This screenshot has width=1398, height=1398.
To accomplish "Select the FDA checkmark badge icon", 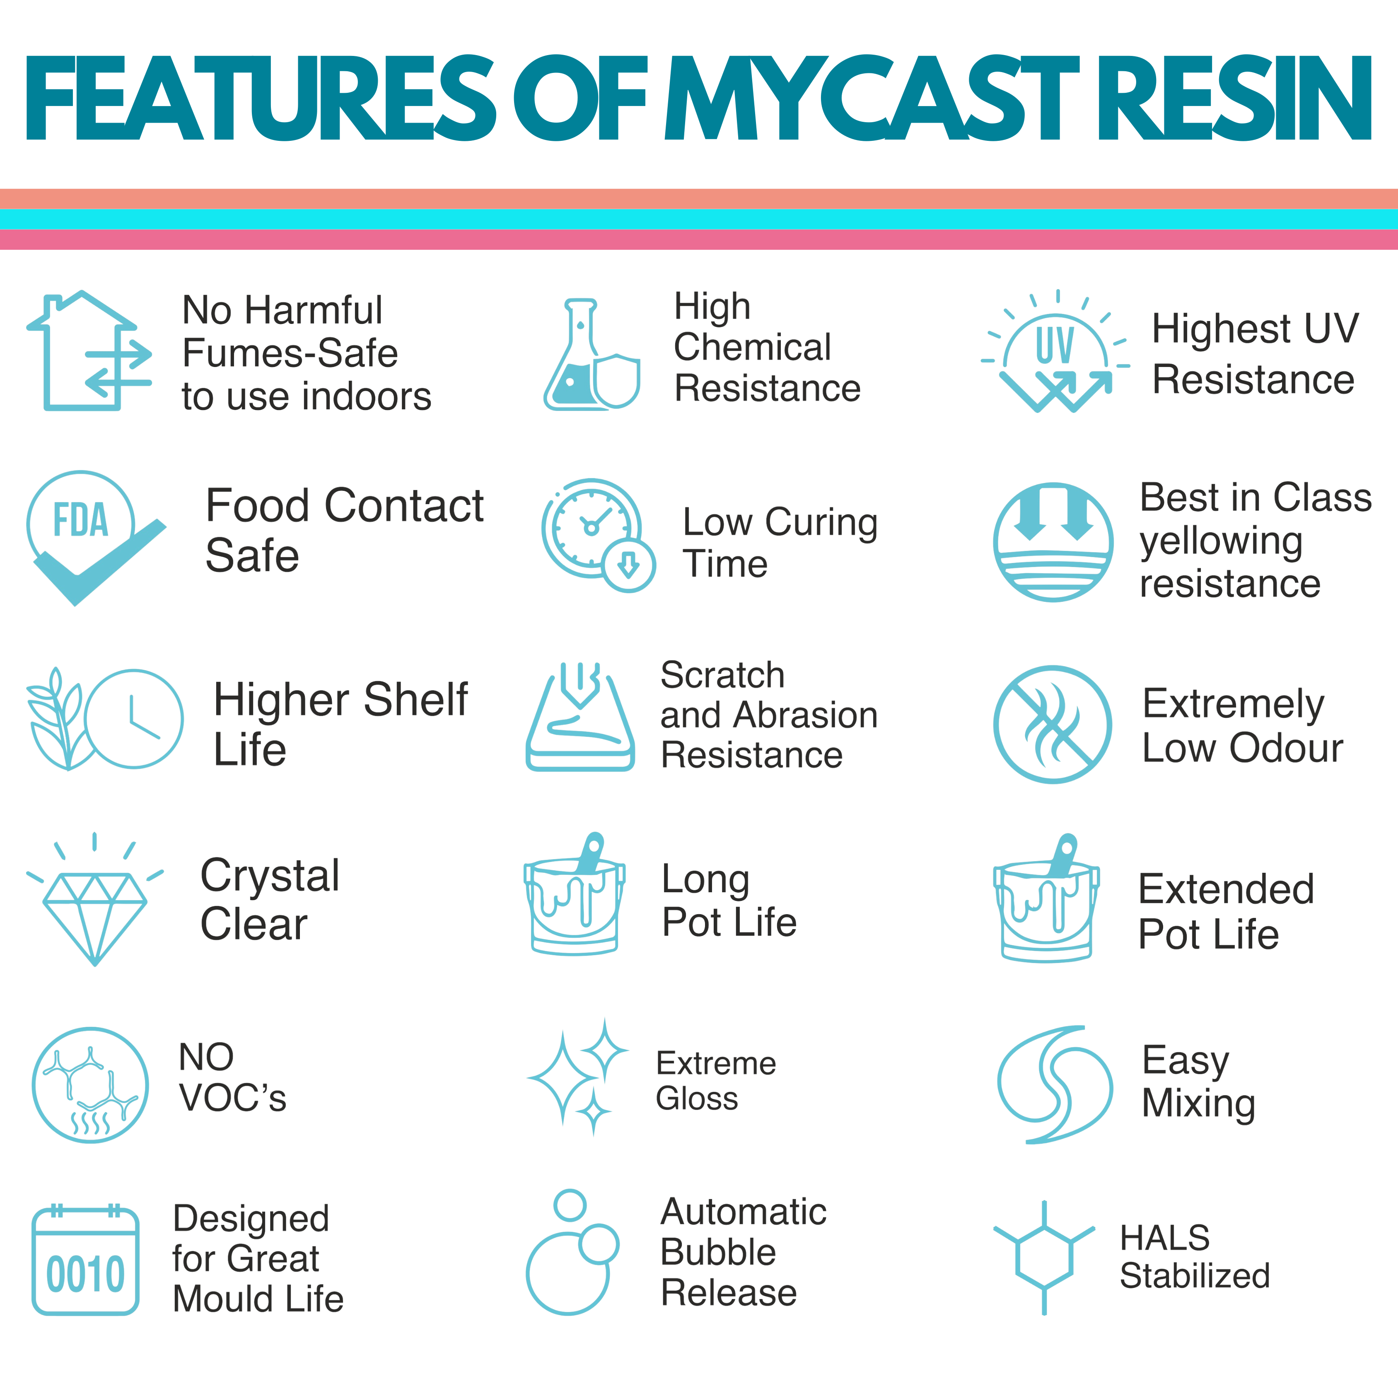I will click(90, 536).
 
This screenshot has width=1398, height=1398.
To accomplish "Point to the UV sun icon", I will click(1055, 353).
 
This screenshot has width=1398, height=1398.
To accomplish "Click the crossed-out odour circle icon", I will click(1053, 724).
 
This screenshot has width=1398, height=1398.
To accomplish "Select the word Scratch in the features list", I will click(722, 675).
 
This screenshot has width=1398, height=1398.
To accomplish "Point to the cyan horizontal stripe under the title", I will click(699, 219).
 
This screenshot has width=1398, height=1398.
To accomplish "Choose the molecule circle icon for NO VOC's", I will click(90, 1085).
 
